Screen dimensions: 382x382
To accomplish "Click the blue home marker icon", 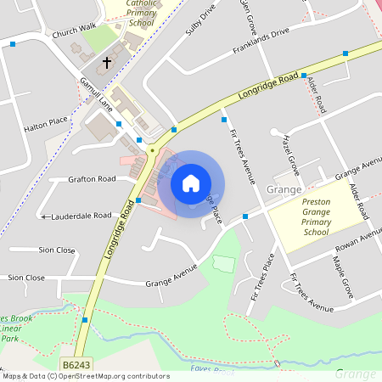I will (x=191, y=183).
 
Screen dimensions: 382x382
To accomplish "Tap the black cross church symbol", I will (x=108, y=62).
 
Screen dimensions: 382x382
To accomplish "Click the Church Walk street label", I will (x=74, y=34).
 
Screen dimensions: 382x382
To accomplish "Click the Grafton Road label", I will (x=93, y=179).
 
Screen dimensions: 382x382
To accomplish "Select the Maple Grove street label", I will (x=342, y=277).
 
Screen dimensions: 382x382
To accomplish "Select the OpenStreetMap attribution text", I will (x=86, y=375).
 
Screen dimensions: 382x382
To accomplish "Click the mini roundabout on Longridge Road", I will (x=152, y=150).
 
